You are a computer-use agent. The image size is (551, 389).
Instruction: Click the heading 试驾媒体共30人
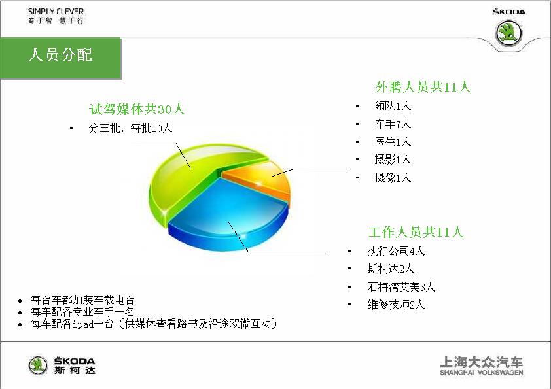tap(137, 109)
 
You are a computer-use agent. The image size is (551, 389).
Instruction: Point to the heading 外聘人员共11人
tap(423, 87)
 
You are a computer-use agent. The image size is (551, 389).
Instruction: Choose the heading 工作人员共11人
tap(416, 232)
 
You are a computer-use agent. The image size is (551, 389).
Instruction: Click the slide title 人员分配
tap(60, 55)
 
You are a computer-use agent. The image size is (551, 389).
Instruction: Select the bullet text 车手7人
tap(393, 124)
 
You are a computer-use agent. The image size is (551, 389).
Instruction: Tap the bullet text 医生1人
tap(393, 142)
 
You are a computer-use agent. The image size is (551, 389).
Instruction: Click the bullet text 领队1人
tap(393, 106)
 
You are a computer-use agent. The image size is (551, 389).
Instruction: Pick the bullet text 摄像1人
tap(393, 178)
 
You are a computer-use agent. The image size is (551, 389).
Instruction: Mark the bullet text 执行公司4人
tap(396, 251)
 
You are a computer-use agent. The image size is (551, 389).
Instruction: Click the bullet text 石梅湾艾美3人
tap(401, 287)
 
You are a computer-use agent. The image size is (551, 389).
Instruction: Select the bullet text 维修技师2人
tap(396, 305)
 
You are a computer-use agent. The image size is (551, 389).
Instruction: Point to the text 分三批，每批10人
tap(130, 128)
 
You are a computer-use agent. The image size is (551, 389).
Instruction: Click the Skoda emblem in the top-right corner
tap(508, 33)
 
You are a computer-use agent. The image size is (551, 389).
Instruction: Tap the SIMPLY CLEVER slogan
tap(56, 12)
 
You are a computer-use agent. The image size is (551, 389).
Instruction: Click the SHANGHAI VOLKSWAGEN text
tap(482, 373)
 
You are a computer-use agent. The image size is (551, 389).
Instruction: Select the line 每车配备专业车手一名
tap(82, 312)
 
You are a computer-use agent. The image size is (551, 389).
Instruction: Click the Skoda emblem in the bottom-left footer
tap(38, 365)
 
